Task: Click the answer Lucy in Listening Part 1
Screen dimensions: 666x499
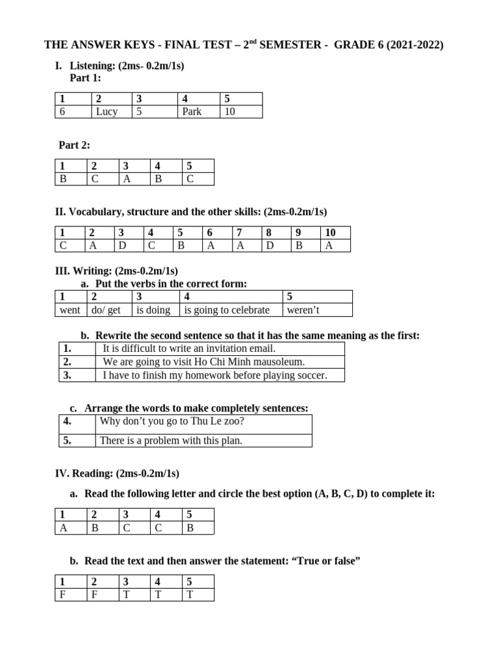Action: (x=107, y=111)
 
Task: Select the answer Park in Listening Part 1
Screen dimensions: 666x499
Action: (x=192, y=111)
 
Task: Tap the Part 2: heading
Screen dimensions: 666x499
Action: (x=74, y=145)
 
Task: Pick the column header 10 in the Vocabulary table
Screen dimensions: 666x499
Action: (x=330, y=232)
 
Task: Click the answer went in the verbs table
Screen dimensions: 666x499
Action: (x=70, y=310)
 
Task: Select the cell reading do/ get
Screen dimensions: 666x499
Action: (x=106, y=310)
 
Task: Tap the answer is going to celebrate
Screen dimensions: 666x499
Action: (x=226, y=310)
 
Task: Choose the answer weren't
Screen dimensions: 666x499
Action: (x=303, y=310)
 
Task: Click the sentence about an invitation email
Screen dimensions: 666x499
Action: (x=185, y=348)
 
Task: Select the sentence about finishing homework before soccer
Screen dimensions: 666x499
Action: (x=214, y=375)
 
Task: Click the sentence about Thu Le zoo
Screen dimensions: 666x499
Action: (x=172, y=421)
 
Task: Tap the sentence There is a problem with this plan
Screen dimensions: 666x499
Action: (x=170, y=440)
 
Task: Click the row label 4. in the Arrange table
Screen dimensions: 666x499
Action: (x=68, y=421)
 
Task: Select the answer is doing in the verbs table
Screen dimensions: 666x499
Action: (x=153, y=310)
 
